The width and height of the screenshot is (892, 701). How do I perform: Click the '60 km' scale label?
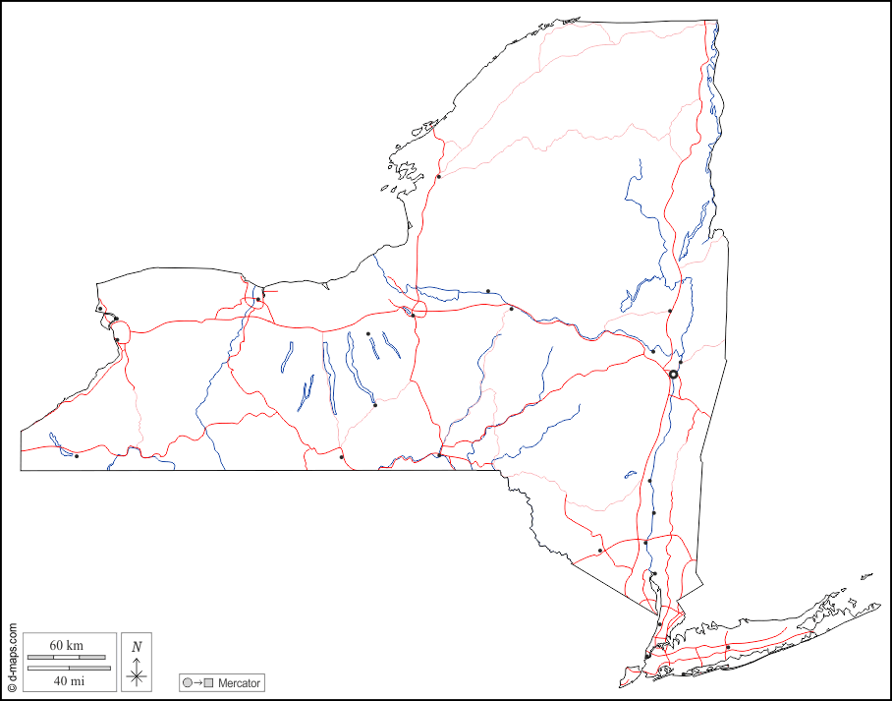67,645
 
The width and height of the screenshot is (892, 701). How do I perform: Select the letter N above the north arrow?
137,646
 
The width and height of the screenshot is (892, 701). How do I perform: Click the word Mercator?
240,682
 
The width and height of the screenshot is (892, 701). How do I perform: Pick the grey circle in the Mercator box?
188,682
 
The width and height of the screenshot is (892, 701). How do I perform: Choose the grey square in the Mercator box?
208,682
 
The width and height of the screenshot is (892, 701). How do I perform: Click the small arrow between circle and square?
197,682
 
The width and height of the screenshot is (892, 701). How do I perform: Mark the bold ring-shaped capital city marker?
674,375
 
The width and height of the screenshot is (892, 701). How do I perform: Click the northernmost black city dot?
439,177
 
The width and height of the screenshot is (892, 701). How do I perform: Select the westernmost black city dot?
77,455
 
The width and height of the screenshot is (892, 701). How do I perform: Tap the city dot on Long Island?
728,647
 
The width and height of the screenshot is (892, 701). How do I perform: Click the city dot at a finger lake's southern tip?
375,404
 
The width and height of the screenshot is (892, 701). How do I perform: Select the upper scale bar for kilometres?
67,656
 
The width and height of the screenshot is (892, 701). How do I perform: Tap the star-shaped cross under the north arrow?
137,674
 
